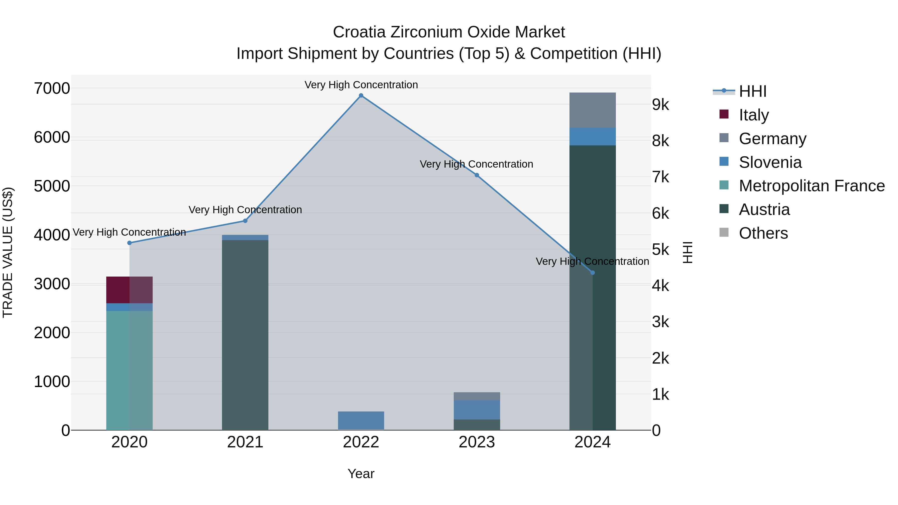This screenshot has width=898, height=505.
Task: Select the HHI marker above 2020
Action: tap(129, 243)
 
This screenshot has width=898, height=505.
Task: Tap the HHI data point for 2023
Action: tap(477, 175)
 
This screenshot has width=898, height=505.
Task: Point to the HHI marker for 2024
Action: tap(593, 273)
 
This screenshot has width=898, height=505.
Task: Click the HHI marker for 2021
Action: tap(245, 221)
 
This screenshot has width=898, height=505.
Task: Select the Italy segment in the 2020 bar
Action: tap(129, 290)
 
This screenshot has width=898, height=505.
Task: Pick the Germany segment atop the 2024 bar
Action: tap(593, 110)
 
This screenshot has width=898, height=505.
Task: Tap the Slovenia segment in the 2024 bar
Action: tap(593, 137)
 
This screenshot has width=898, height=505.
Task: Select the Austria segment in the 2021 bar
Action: tap(245, 335)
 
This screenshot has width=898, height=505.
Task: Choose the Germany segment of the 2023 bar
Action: tap(477, 396)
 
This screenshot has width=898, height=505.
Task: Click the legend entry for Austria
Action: tap(764, 210)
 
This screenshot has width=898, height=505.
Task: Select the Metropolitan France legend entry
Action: tap(811, 186)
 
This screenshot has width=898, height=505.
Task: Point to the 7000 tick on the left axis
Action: tap(52, 89)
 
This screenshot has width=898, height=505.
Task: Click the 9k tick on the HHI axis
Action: tap(661, 104)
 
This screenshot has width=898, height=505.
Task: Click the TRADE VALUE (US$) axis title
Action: tap(8, 252)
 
